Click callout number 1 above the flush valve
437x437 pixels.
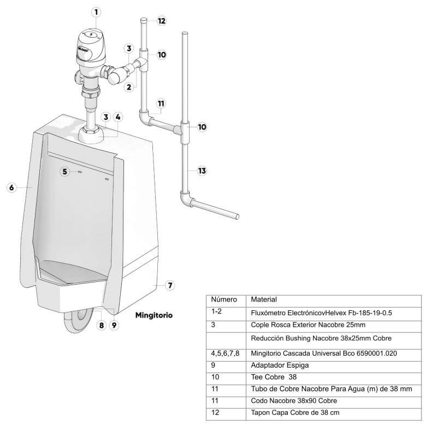coord(96,12)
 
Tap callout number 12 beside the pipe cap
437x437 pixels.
coord(162,21)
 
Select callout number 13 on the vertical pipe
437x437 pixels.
coord(202,170)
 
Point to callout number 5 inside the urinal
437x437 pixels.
coord(64,172)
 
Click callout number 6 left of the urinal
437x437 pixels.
coord(11,187)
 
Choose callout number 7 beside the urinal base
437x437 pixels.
coord(170,285)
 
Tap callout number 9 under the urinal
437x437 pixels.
coord(114,325)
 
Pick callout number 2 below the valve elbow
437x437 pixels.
coord(129,87)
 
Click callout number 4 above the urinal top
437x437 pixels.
coord(118,117)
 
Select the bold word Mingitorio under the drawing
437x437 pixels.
coord(154,315)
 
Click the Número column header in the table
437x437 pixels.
coord(224,299)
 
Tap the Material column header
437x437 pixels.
coord(264,299)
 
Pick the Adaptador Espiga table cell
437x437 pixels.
coord(280,365)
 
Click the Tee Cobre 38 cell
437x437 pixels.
coord(274,377)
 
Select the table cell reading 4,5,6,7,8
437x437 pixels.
coord(225,353)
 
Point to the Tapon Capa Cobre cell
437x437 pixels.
coord(295,412)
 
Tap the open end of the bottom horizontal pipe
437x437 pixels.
coord(237,216)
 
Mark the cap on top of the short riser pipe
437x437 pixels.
coord(144,20)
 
